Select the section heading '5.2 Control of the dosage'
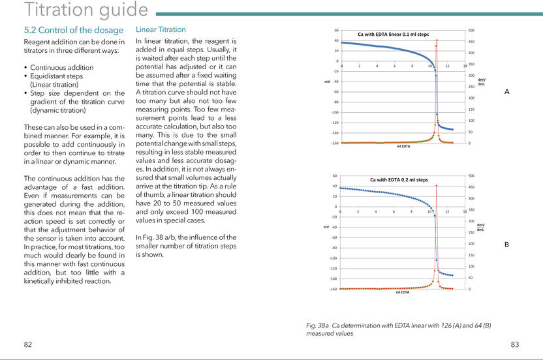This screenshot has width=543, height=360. tap(73, 30)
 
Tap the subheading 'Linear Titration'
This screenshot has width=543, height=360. tap(161, 29)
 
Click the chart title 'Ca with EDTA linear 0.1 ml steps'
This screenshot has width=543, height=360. tap(393, 34)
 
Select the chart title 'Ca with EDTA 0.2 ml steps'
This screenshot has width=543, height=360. tap(398, 179)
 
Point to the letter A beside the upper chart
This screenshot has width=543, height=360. tap(507, 93)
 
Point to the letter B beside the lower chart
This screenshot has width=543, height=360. tap(507, 245)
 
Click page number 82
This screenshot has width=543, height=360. tap(28, 344)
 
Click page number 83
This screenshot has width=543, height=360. tap(514, 344)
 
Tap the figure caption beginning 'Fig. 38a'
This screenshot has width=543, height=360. tap(398, 329)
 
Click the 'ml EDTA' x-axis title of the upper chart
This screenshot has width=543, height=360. tap(403, 147)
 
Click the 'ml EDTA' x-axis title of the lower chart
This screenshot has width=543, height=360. tap(402, 292)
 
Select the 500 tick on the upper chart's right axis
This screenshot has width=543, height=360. tap(471, 30)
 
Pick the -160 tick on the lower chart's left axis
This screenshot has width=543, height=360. tap(333, 289)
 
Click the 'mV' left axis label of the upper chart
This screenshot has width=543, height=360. tap(327, 82)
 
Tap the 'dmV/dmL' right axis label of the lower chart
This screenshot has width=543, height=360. tap(480, 227)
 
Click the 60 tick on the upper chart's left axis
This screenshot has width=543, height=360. tap(336, 30)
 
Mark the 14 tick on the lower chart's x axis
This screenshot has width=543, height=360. tap(465, 211)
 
